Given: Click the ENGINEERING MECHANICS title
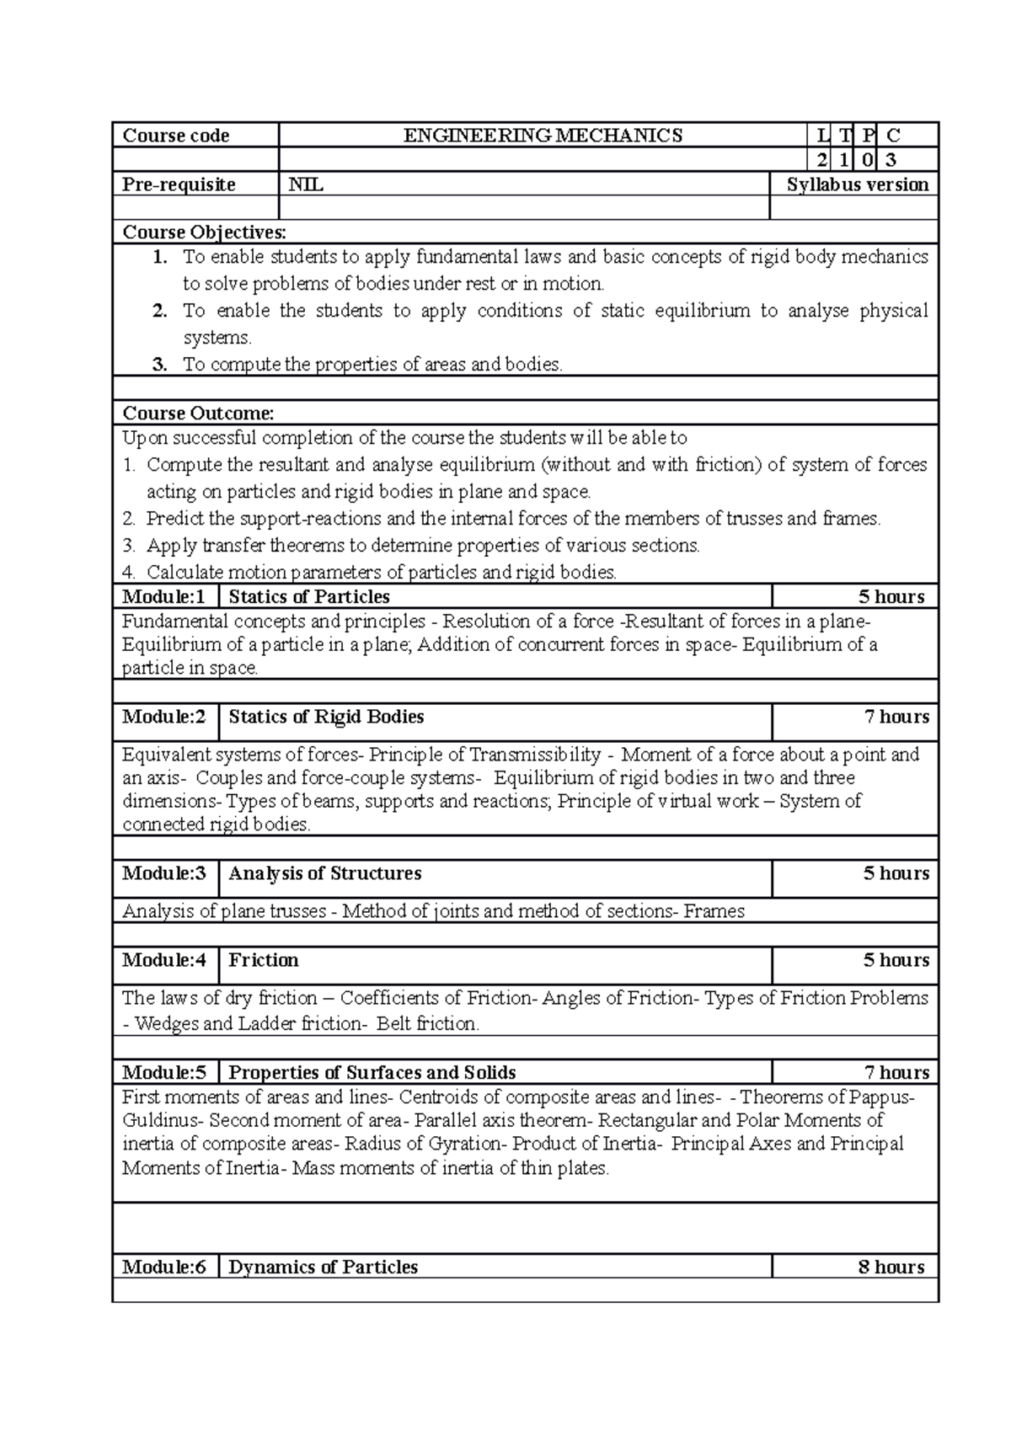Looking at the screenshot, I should coord(543,136).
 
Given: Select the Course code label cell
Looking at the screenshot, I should coord(176,136).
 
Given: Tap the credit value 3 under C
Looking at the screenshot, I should coord(892,160).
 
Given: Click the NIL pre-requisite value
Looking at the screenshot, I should coord(306,184).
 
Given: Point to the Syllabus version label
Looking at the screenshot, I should coord(857,184).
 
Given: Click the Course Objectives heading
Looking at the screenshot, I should coord(205,232).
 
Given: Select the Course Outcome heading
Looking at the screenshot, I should coord(199,414).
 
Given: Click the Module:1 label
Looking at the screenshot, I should coord(163,597).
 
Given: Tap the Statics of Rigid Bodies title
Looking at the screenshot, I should coord(326,717).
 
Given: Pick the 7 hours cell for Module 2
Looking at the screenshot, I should coord(896,717).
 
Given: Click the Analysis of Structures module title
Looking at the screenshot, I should coord(325,873).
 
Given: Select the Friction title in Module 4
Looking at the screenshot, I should coord(264,960).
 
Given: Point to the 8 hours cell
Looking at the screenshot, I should coord(891,1267).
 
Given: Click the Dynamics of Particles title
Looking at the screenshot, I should coord(324,1267).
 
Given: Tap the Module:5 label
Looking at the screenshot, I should coord(163,1072).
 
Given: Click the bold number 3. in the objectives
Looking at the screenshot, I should coord(161,365).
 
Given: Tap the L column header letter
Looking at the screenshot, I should coord(822,136).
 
